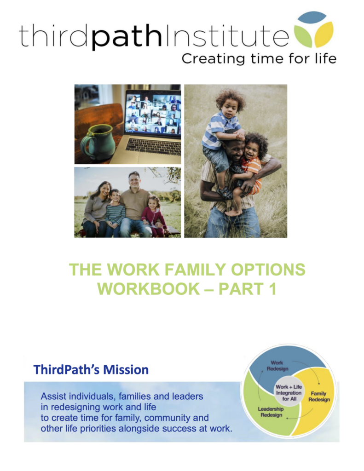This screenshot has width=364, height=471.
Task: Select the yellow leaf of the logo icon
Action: coord(324,35)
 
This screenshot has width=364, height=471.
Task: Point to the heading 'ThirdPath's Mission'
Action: coord(91,369)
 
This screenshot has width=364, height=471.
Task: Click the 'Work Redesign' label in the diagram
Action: coord(277,366)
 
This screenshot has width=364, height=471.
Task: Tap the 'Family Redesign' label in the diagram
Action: coord(318,396)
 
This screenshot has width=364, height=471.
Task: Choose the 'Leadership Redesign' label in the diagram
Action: coord(271,412)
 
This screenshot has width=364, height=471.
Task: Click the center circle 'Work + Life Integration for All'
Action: coord(289,393)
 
